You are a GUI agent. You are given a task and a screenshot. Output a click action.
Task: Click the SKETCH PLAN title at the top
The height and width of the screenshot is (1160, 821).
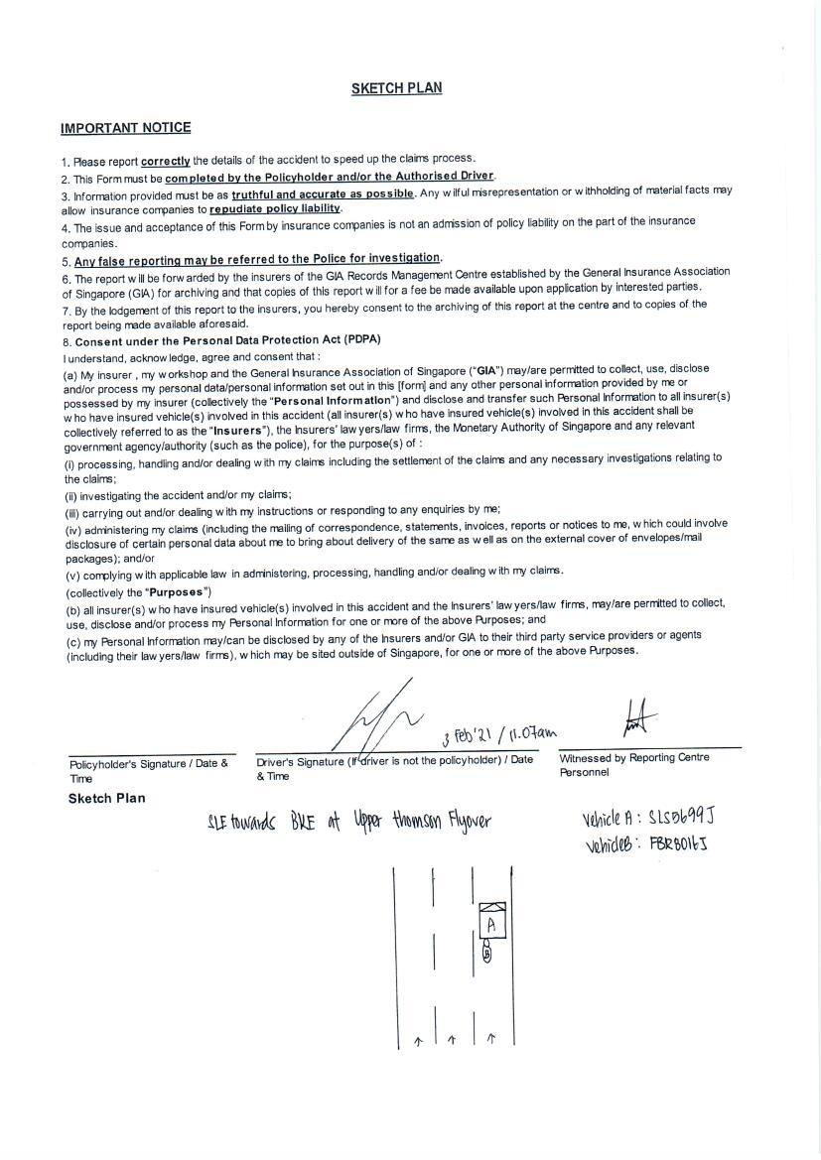click(396, 88)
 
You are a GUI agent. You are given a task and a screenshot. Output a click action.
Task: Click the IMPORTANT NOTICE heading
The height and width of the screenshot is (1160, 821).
click(125, 128)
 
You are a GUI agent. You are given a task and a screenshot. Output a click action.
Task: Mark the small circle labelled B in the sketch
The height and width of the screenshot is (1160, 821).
click(486, 954)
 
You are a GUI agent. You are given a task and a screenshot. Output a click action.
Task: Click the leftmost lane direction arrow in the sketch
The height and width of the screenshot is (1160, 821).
click(418, 1041)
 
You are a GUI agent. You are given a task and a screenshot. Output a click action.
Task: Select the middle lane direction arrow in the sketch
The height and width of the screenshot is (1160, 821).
click(452, 1040)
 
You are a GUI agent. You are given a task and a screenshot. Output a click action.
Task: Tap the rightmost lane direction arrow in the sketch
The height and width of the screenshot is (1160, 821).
click(491, 1039)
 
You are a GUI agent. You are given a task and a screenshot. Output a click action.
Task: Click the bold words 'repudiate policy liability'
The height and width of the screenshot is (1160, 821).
click(275, 209)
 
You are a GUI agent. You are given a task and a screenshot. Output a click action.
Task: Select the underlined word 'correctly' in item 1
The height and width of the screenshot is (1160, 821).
click(166, 160)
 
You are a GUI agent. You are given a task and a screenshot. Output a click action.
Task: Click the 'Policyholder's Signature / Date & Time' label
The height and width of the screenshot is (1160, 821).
click(149, 770)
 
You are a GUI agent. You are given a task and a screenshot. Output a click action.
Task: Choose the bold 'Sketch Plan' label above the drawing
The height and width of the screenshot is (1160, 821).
click(106, 798)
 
